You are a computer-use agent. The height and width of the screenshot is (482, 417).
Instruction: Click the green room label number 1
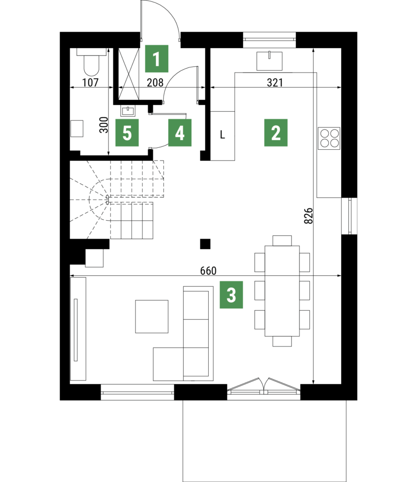click(x=157, y=59)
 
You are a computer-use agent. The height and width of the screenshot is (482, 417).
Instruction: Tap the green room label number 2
click(x=276, y=132)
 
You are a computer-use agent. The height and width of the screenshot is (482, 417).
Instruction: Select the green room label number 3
click(x=231, y=295)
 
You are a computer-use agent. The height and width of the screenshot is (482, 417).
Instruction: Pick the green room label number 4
click(x=180, y=132)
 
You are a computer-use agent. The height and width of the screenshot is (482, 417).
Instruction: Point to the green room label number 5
click(x=127, y=132)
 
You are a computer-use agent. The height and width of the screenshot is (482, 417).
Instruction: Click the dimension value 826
click(x=308, y=216)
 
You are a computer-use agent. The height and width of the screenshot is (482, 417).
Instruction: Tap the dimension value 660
click(x=208, y=271)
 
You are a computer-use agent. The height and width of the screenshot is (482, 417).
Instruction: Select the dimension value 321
click(x=275, y=82)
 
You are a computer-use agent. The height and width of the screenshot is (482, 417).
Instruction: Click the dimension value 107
click(x=90, y=82)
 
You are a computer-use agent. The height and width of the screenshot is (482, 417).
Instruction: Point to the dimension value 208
click(x=155, y=82)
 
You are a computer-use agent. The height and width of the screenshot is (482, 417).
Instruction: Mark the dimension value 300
click(x=104, y=125)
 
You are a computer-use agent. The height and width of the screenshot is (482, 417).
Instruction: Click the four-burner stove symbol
click(x=329, y=138)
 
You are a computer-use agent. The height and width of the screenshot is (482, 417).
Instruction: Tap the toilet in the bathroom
click(x=92, y=62)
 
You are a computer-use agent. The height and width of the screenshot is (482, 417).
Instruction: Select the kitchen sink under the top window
click(x=269, y=61)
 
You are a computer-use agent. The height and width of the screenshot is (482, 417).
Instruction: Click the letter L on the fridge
click(x=222, y=135)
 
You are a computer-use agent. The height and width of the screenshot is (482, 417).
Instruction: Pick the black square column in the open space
click(x=205, y=244)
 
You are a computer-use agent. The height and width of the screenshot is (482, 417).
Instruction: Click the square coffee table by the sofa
click(x=152, y=316)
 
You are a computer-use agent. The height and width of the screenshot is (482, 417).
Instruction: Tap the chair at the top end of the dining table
click(x=282, y=241)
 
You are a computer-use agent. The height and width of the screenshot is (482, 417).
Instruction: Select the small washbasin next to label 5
click(x=127, y=111)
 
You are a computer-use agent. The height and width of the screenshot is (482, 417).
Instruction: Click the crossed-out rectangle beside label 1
click(x=129, y=74)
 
